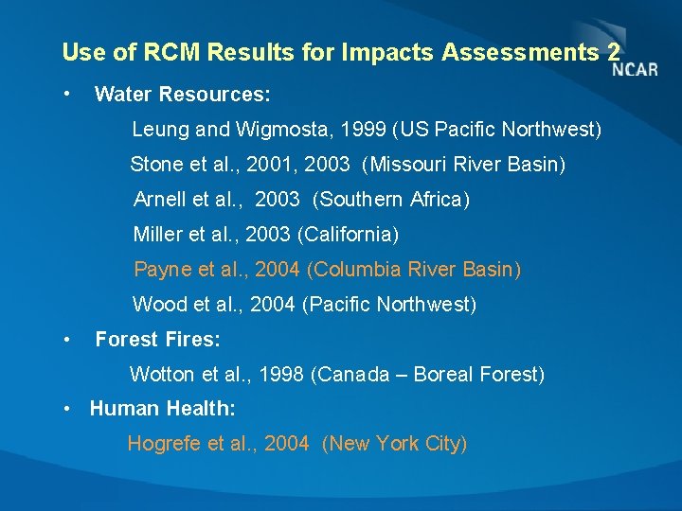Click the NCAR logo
point(634,68)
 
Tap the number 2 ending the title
point(614,52)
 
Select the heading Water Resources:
point(183,95)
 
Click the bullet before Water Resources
point(65,94)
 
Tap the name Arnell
point(161,200)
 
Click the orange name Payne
point(162,270)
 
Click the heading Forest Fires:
point(157,339)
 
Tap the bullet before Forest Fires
point(65,338)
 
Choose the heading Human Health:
point(162,409)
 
